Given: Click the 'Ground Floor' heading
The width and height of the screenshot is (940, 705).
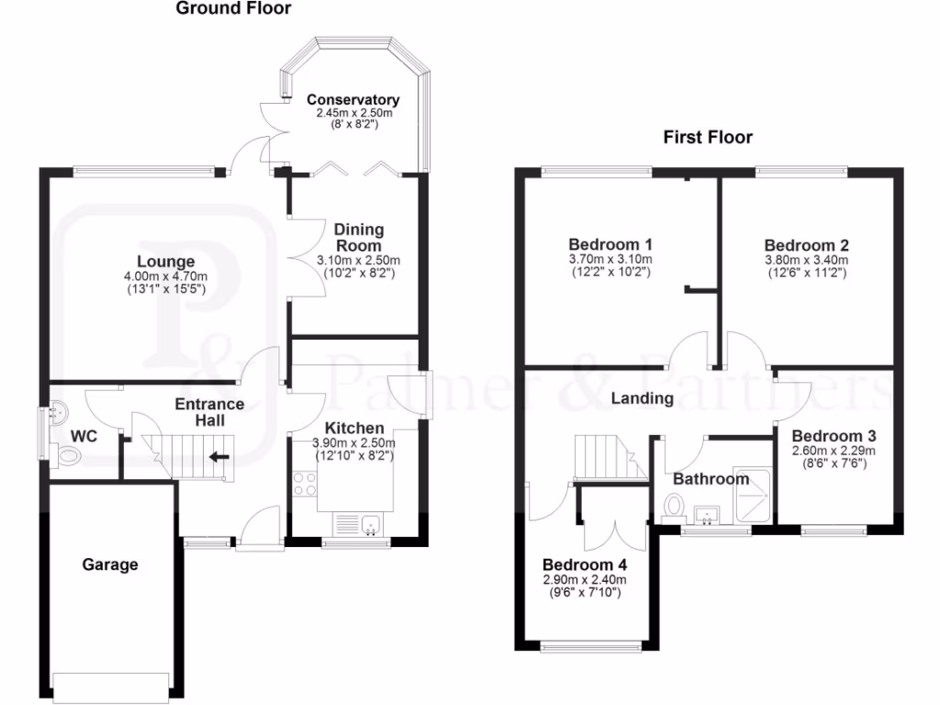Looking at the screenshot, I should point(233,9).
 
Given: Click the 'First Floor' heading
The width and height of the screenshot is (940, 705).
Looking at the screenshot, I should point(708,138).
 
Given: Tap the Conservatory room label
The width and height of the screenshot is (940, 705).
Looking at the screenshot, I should point(352,99).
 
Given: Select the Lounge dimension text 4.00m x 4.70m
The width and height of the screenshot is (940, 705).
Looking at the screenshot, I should point(165,277).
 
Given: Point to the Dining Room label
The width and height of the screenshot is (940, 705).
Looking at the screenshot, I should point(358,238).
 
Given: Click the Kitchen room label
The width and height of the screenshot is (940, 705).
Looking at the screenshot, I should point(354,428).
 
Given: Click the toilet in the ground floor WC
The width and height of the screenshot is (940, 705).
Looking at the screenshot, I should point(66,455).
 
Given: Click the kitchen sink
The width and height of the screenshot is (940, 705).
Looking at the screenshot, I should point(372,525).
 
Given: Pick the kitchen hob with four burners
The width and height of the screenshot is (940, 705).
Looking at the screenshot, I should point(303,483).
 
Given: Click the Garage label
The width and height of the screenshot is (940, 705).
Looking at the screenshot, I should point(111,565).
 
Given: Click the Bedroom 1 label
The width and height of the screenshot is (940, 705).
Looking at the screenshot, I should point(610,245).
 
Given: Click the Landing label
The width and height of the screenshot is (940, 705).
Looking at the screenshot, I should point(643,398).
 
